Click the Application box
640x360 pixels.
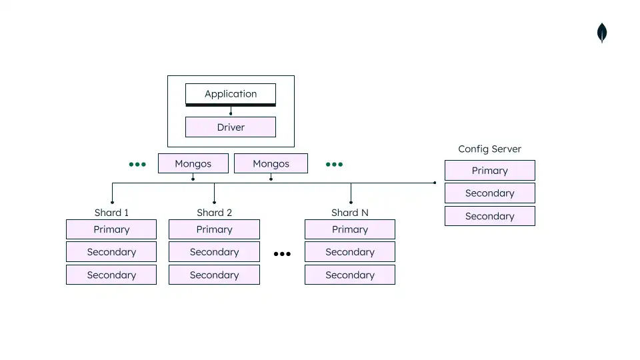pos(230,94)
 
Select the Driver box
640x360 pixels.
pos(230,127)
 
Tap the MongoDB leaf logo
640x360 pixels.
pos(602,33)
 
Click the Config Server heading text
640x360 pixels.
pos(489,149)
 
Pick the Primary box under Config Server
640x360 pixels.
pos(489,171)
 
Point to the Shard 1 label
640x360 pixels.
pos(111,213)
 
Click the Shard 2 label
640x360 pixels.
pos(214,213)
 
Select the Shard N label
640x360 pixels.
pos(349,213)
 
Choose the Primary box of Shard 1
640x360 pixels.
pos(111,229)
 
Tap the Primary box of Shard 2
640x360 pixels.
pos(214,229)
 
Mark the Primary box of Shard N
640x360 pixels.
pos(349,229)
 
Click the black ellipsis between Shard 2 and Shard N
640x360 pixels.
pos(282,254)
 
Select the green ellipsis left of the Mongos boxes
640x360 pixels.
pos(137,164)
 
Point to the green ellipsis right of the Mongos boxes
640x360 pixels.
pos(334,164)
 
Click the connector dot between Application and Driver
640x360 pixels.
pos(231,113)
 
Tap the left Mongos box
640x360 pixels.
pos(193,163)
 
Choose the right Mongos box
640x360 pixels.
pos(271,163)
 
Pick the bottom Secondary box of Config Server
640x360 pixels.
pos(489,216)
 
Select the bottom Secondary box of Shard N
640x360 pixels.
pos(349,275)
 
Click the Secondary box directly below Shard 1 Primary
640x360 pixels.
pos(111,252)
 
